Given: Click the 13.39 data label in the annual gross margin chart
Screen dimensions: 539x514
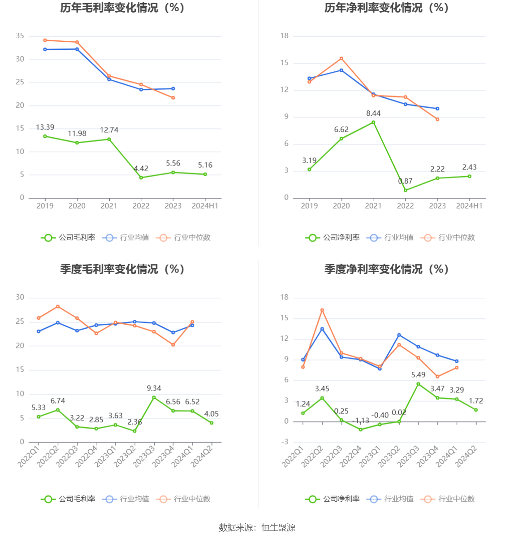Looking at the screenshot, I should pos(45,127).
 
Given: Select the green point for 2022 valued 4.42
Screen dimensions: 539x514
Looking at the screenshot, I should pos(141,178).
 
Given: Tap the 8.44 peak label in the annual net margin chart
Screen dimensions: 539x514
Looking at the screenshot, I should pos(373,113).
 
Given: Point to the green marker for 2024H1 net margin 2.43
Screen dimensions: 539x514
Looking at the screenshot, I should pos(470,176).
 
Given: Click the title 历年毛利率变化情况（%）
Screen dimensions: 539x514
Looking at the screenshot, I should pos(122,8).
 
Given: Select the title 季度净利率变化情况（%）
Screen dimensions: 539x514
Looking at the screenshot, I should pos(386,269).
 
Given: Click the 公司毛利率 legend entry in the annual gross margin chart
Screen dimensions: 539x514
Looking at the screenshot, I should pos(69,238).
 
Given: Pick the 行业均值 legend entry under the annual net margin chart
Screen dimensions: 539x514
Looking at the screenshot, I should pos(390,238).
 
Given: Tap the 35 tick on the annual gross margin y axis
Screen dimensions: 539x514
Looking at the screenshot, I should pos(20,36).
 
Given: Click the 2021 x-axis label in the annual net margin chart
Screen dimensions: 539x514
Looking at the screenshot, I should pos(373,206).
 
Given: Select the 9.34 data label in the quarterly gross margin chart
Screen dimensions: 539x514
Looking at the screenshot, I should pos(154,388).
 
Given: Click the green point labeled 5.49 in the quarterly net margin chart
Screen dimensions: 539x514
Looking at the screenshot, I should pos(419,384).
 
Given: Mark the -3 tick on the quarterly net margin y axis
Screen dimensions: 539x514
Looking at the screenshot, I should pos(285,442).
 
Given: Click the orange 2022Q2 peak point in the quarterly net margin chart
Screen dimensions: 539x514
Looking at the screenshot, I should pos(322,310).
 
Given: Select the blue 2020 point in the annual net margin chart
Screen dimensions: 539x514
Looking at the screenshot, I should pos(341,70).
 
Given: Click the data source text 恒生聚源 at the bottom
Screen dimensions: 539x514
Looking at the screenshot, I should pos(278,528).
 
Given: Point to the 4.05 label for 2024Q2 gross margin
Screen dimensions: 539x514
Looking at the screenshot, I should pos(212,414).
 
